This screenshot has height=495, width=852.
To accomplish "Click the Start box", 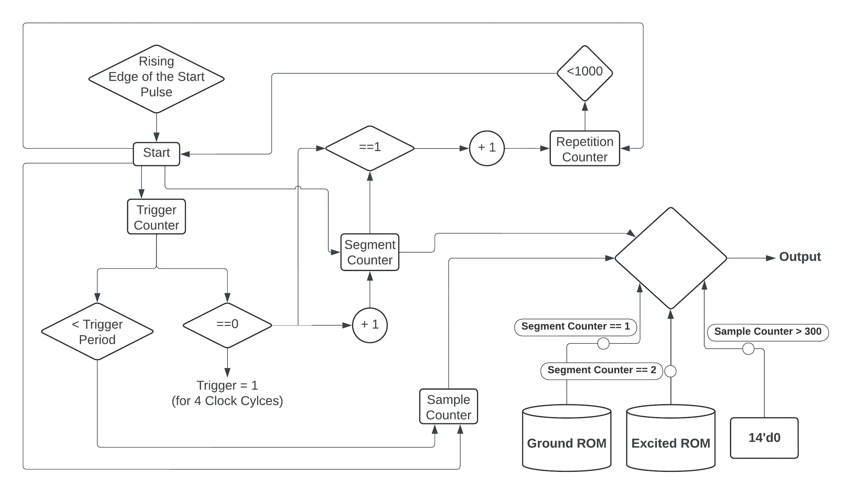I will click(x=156, y=154).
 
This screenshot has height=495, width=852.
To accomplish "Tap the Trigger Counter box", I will click(x=156, y=217).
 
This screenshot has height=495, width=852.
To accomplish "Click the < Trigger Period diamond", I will click(x=97, y=331).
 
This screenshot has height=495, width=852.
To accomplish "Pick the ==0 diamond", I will click(x=227, y=325).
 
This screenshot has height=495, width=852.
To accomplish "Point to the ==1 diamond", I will click(x=370, y=148).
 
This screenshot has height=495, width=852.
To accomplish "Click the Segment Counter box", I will click(x=370, y=252).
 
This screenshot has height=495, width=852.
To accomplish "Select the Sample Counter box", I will click(x=448, y=407).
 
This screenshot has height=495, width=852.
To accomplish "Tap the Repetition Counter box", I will click(x=584, y=149).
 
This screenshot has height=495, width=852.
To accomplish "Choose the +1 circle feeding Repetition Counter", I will click(x=486, y=148).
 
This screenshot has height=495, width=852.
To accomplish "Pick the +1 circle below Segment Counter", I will click(x=370, y=325).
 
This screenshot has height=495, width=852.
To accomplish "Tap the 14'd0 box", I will click(x=764, y=438).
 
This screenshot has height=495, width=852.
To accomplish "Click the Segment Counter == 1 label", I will click(x=575, y=327).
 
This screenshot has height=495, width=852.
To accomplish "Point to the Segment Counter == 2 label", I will click(x=601, y=370).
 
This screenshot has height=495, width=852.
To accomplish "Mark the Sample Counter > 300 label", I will click(x=768, y=331).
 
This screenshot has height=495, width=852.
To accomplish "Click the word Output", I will click(x=800, y=257).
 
